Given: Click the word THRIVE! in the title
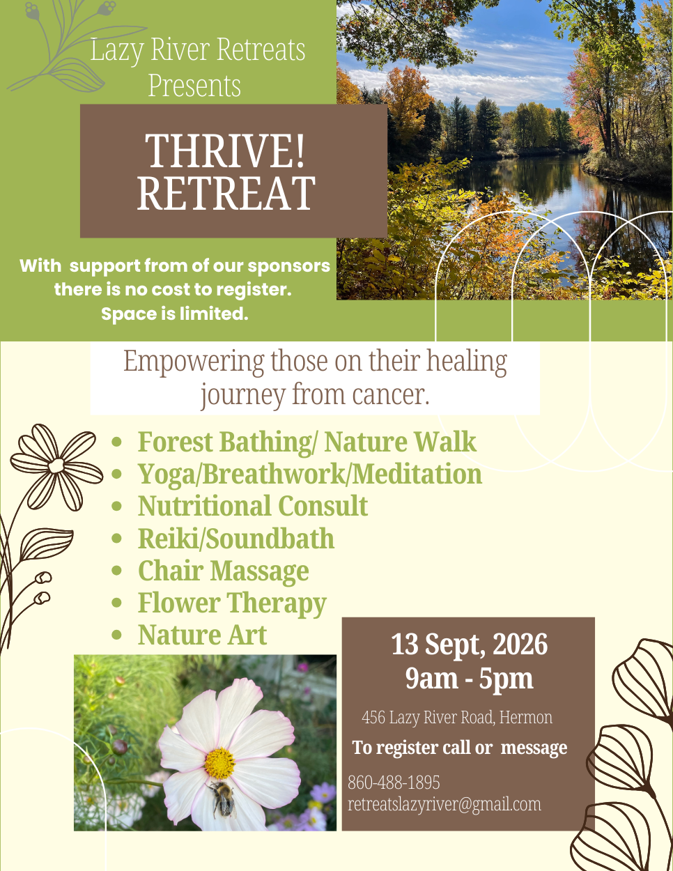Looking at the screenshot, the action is [225, 151].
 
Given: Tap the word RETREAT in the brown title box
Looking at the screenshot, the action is [226, 193].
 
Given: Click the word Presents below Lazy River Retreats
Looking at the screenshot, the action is [194, 86].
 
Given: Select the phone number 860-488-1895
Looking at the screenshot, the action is [394, 783].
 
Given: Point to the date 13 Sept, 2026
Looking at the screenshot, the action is [469, 645].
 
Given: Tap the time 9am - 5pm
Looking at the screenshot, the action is [469, 679].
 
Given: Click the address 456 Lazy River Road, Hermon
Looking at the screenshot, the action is [457, 718].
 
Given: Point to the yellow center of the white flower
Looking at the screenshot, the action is [219, 763].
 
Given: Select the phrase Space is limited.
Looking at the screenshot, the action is [175, 314].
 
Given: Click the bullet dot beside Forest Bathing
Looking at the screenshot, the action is [116, 442].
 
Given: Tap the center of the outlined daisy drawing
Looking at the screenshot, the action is [56, 465].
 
